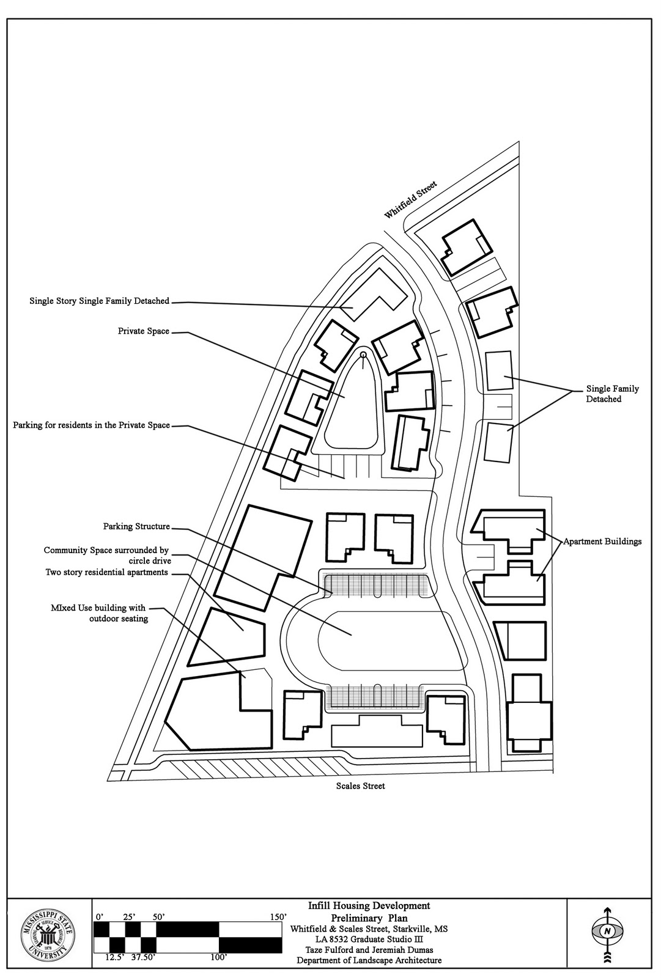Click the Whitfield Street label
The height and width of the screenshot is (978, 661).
point(410,200)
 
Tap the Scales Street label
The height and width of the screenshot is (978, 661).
point(360,786)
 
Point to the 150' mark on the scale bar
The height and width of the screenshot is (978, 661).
point(276,917)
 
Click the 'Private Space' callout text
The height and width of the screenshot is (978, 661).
point(144,331)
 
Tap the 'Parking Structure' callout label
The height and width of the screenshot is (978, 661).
point(136,526)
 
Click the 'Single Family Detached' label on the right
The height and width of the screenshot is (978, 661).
point(612,394)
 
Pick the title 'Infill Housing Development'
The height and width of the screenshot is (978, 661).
point(369,906)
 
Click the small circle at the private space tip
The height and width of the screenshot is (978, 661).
point(363,355)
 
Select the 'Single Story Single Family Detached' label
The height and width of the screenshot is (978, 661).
point(100,301)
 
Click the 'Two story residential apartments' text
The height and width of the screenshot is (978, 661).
point(106,572)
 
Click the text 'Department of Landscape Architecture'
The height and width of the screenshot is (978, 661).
point(369,960)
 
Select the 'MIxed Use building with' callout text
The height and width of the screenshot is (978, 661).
point(98,608)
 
